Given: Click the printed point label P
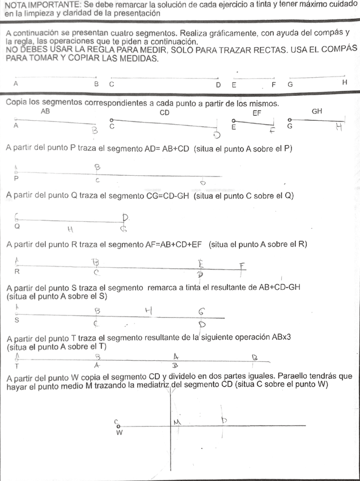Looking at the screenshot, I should (x=16, y=178).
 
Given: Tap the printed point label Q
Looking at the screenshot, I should (x=16, y=225).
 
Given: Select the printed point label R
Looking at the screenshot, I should (x=17, y=271).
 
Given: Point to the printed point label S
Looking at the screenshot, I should (x=16, y=320).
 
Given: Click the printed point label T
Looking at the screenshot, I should (x=16, y=365).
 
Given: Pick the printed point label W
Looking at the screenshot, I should (x=119, y=433).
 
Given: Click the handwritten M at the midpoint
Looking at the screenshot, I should (x=177, y=422).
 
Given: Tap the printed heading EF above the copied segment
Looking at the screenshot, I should (x=257, y=112).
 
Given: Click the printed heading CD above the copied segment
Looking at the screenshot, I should (x=164, y=112).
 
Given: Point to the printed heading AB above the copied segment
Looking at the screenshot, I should (x=45, y=112).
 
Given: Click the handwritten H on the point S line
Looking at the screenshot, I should (x=149, y=310).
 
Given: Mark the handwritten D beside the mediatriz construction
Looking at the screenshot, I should (x=225, y=420).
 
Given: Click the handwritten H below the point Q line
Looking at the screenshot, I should (x=70, y=229).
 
